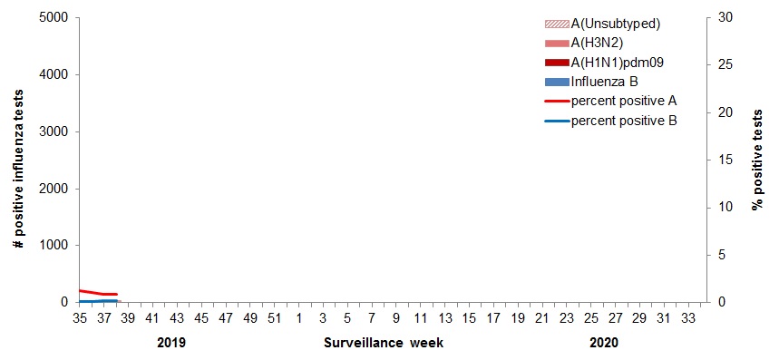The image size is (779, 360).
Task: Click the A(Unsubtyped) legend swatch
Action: pyautogui.click(x=556, y=24)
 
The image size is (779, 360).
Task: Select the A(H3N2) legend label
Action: pyautogui.click(x=603, y=43)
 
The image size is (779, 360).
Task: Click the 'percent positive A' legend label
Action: pyautogui.click(x=624, y=100)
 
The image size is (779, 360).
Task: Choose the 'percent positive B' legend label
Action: pyautogui.click(x=624, y=120)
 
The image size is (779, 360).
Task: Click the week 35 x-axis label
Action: pyautogui.click(x=79, y=318)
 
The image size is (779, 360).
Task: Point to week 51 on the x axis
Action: pyautogui.click(x=274, y=318)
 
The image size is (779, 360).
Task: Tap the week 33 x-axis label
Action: pyautogui.click(x=688, y=318)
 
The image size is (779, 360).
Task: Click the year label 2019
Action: pyautogui.click(x=171, y=343)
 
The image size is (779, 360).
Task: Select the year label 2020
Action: pyautogui.click(x=603, y=343)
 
